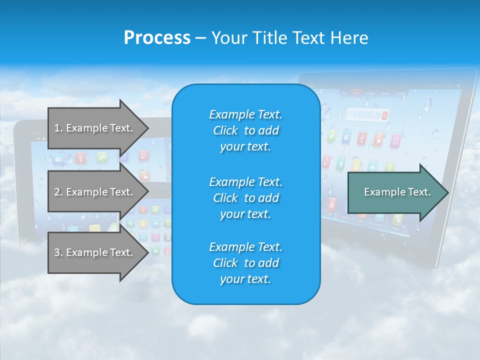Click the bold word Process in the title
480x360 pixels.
(x=157, y=38)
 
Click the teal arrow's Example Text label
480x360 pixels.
(x=397, y=192)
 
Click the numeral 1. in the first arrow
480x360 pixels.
(x=58, y=128)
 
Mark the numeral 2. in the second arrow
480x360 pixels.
(x=58, y=192)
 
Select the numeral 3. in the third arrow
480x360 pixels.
(x=58, y=252)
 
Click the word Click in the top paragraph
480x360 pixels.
(x=225, y=130)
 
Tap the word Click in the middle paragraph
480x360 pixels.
(x=225, y=198)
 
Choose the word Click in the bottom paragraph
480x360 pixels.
(x=225, y=263)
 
